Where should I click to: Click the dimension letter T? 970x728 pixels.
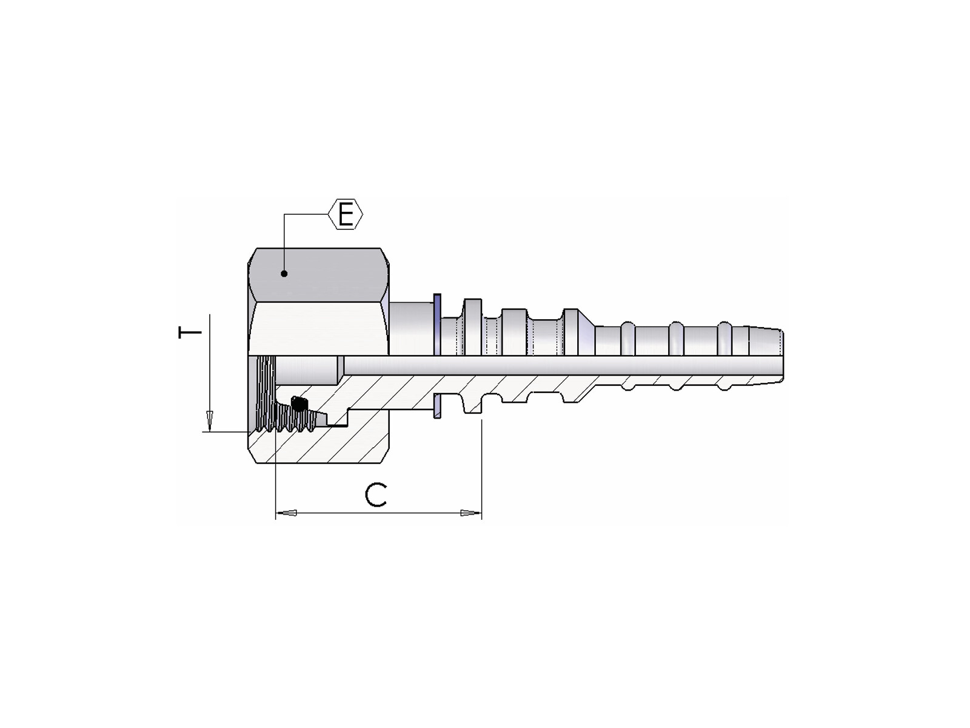coord(190,332)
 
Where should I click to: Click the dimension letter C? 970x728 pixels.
coord(376,496)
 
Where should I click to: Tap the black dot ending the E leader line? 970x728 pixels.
coord(284,274)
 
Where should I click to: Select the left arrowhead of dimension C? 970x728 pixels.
coord(286,513)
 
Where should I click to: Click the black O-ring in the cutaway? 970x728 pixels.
coord(299,403)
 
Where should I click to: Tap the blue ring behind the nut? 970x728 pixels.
coord(437,325)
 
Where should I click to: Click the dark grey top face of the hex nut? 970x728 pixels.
coord(318,275)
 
